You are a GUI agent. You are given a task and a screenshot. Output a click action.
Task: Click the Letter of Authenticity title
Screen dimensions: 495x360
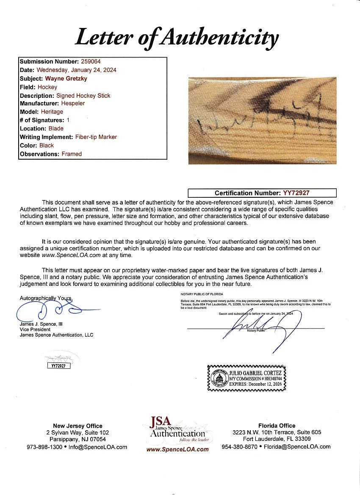pos(177,38)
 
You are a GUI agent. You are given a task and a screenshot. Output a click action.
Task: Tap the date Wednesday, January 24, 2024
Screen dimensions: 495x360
pos(76,70)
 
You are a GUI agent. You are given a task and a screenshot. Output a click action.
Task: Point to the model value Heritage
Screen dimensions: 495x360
pos(52,112)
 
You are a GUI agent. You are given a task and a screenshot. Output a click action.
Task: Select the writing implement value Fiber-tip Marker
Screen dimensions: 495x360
pos(95,137)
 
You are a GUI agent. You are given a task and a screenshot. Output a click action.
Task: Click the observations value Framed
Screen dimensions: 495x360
pos(72,154)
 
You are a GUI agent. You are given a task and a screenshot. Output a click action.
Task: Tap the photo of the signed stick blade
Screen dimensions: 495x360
pos(262,120)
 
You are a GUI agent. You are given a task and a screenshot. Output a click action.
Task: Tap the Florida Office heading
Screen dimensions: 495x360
pos(276,426)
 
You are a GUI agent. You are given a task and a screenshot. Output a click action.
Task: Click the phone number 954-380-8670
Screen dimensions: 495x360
pos(239,447)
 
